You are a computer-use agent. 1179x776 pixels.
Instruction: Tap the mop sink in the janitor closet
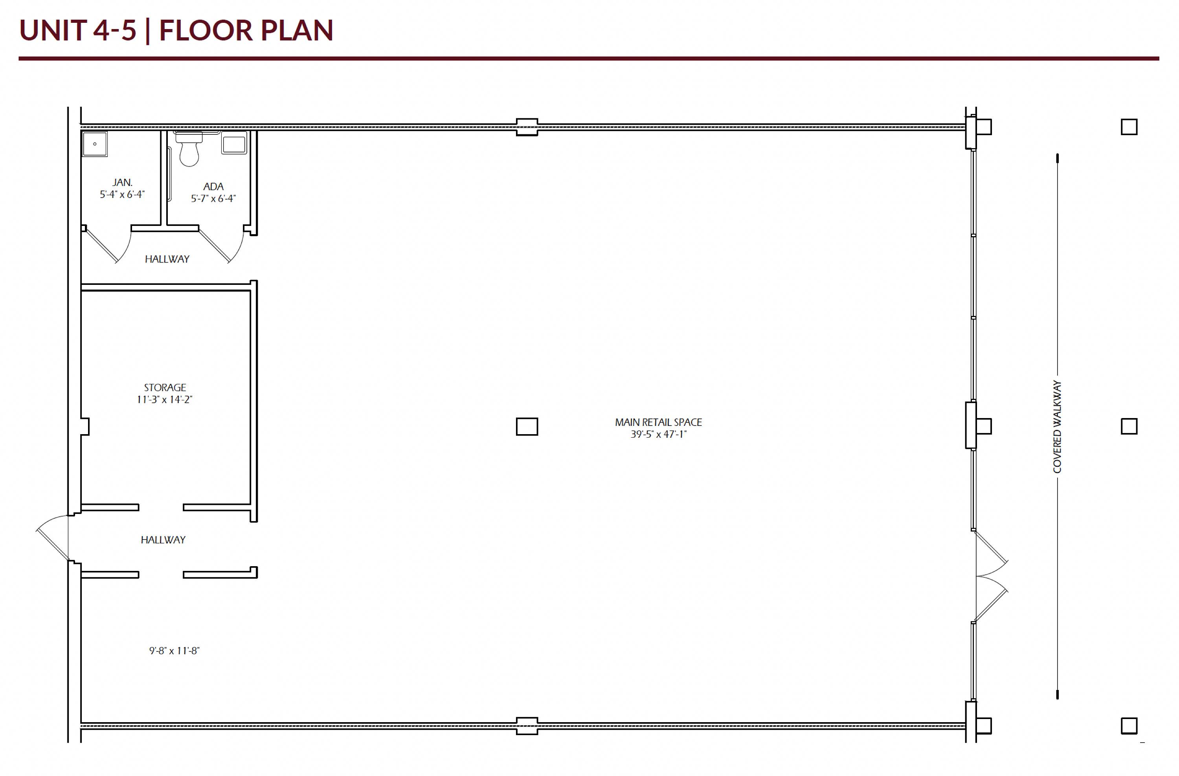[95, 144]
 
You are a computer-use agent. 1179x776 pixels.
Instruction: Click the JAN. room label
[122, 182]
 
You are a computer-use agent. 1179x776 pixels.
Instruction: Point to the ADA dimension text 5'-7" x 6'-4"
[213, 198]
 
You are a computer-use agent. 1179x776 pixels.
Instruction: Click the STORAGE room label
[165, 387]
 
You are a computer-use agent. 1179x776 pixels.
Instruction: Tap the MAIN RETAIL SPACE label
[658, 422]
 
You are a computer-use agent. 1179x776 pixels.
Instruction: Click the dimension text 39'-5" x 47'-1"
[658, 434]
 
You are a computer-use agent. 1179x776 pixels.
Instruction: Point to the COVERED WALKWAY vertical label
[1057, 426]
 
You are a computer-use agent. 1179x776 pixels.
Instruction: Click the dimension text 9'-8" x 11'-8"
[174, 651]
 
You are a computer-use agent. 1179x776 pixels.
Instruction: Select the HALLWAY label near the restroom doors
[167, 259]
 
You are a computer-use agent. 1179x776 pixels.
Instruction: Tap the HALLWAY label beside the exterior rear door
[163, 540]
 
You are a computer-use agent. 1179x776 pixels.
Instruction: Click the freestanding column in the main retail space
[527, 426]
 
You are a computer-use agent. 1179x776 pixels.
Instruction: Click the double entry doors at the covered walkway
[991, 576]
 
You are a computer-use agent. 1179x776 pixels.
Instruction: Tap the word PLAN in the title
[297, 30]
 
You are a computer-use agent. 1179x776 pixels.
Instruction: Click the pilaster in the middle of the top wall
[527, 127]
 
